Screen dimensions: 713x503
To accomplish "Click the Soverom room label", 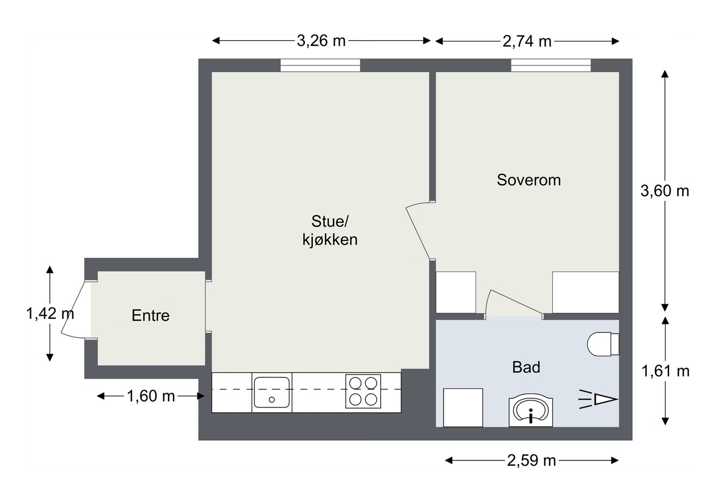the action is (529, 180).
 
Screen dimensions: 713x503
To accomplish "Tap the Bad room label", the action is (526, 367).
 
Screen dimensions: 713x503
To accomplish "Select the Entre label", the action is (151, 315).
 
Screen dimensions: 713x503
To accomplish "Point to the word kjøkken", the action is (330, 239).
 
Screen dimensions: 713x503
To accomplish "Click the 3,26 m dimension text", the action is (321, 41).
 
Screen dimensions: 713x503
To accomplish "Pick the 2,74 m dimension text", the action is (527, 41).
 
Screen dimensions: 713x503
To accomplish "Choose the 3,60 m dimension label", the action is (664, 191).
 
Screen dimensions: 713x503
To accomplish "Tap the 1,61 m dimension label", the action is (665, 371).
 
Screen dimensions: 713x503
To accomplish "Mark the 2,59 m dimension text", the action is (531, 460).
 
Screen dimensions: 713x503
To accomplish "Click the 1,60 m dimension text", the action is (151, 396).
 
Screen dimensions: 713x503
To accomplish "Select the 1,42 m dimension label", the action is (50, 313).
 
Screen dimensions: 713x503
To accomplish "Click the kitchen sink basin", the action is (272, 392).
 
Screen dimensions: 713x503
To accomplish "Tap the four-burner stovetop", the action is (363, 391).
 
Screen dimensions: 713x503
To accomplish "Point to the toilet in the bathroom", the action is (603, 344).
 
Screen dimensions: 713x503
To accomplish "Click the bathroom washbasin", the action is (531, 411).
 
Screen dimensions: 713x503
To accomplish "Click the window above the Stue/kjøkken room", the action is (320, 65).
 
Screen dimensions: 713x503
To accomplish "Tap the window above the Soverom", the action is (551, 65).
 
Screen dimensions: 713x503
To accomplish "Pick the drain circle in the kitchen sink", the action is (271, 400).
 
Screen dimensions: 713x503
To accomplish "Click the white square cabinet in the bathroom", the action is (463, 408).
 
